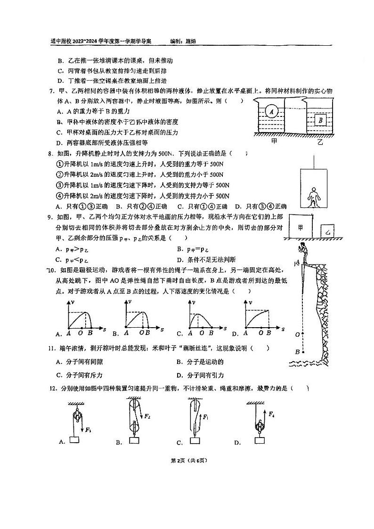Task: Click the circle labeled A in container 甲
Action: pyautogui.click(x=271, y=112)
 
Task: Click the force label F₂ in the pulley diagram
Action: pyautogui.click(x=147, y=416)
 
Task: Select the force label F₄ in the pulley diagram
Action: pyautogui.click(x=272, y=413)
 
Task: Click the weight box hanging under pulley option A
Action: pyautogui.click(x=75, y=439)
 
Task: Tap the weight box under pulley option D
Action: pyautogui.click(x=259, y=440)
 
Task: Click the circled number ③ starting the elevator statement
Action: pyautogui.click(x=59, y=185)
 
